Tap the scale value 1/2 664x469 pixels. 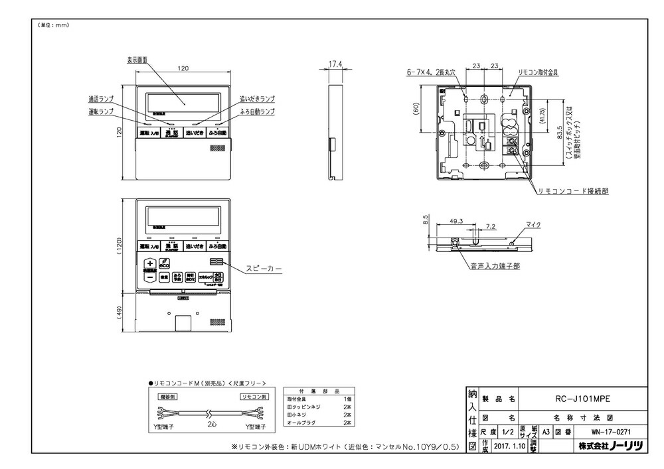click(x=509, y=431)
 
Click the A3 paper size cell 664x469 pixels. click(x=546, y=431)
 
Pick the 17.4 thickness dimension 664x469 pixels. click(x=335, y=64)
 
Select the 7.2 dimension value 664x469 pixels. click(x=491, y=226)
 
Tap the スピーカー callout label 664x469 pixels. click(x=264, y=269)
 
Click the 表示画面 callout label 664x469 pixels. click(x=137, y=59)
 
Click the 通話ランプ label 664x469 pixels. click(x=101, y=98)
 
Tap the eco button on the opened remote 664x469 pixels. click(x=164, y=263)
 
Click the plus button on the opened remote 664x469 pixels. click(x=149, y=263)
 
